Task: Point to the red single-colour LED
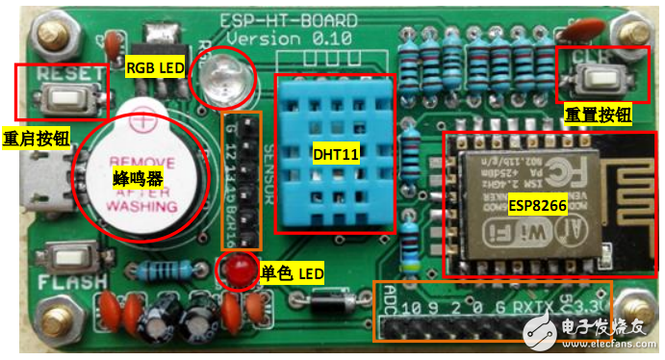tap(235, 272)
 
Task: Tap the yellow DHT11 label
tap(334, 153)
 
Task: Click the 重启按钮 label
tap(37, 137)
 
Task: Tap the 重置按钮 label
tap(598, 115)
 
